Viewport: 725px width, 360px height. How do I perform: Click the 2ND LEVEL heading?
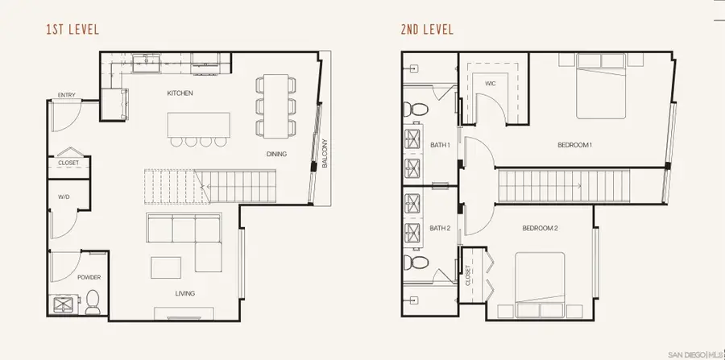[427, 31]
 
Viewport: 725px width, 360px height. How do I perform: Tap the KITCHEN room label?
[180, 93]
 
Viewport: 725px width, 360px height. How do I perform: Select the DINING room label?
[276, 154]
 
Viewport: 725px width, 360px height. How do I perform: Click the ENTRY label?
[67, 97]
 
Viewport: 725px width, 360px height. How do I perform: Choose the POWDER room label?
[89, 277]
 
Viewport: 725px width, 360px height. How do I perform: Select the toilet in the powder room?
[93, 301]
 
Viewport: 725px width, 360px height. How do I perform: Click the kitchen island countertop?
[198, 124]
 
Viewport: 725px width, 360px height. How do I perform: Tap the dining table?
[275, 105]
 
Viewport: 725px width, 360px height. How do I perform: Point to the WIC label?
[490, 83]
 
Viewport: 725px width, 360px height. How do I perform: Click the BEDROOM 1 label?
[574, 145]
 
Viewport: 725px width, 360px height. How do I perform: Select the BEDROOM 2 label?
[541, 228]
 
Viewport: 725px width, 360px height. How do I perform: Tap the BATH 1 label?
[439, 145]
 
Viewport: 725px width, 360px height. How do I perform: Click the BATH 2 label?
[439, 228]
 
